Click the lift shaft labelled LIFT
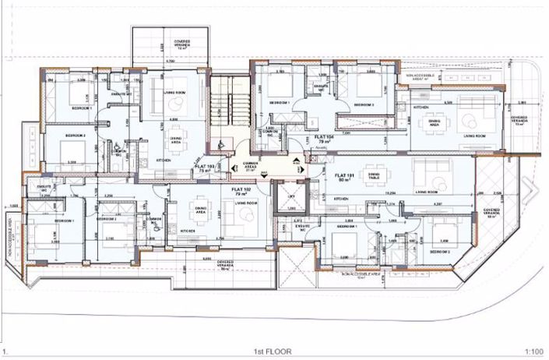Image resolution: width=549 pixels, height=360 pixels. click(291, 198)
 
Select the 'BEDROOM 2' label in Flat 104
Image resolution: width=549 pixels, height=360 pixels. click(364, 104)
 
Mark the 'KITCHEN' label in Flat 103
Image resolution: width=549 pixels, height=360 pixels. click(164, 160)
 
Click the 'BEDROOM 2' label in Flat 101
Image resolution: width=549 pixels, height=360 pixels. click(441, 252)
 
